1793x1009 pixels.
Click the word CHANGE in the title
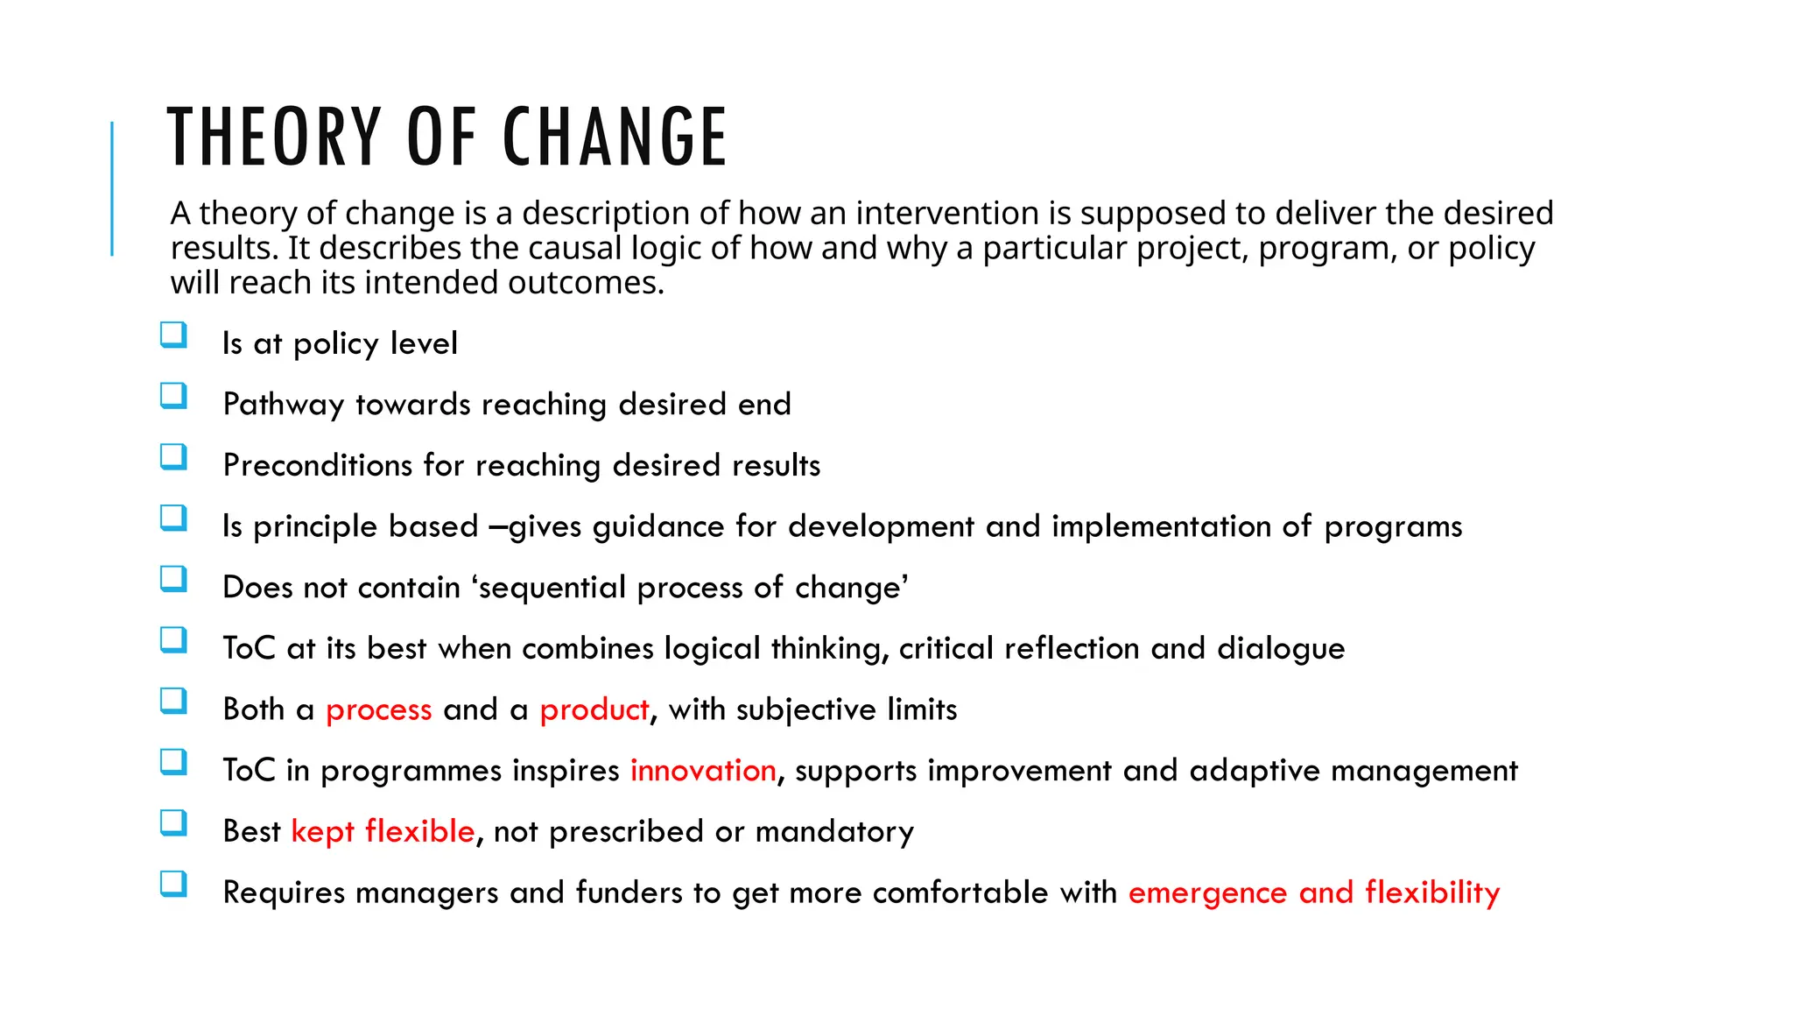tap(615, 137)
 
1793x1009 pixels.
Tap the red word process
tap(378, 709)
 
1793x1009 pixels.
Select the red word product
tap(594, 709)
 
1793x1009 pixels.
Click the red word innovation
tap(703, 771)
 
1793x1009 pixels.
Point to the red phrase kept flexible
tap(383, 831)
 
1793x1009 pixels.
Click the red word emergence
tap(1207, 893)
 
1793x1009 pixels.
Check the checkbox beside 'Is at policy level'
tap(173, 335)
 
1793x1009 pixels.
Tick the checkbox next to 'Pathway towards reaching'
tap(173, 396)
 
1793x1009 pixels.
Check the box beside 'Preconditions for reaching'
tap(173, 457)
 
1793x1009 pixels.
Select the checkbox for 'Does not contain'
tap(173, 579)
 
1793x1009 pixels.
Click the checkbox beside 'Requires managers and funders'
tap(173, 884)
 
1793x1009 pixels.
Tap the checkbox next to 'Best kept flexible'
tap(173, 823)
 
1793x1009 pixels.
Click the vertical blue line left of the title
tap(112, 188)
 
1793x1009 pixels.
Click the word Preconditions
tap(317, 465)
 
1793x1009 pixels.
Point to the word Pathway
tap(284, 405)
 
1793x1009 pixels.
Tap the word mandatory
tap(834, 831)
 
